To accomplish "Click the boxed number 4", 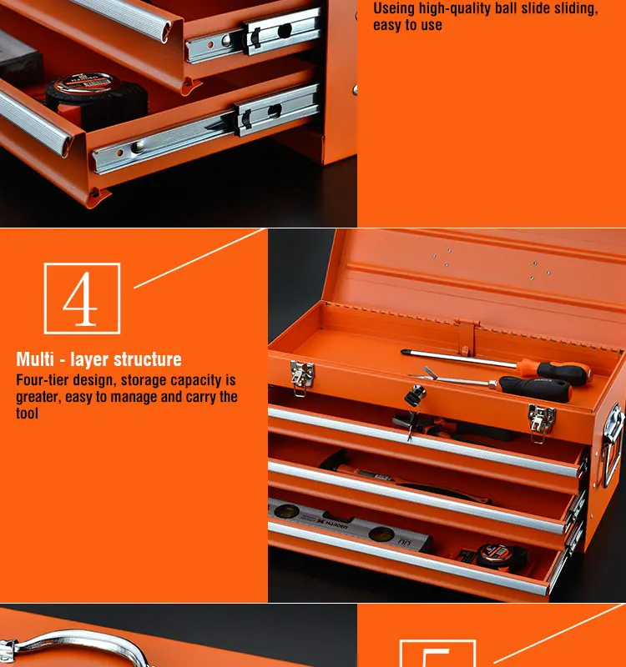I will [81, 298].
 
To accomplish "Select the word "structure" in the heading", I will [147, 360].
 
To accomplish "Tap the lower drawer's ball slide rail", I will [209, 133].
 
